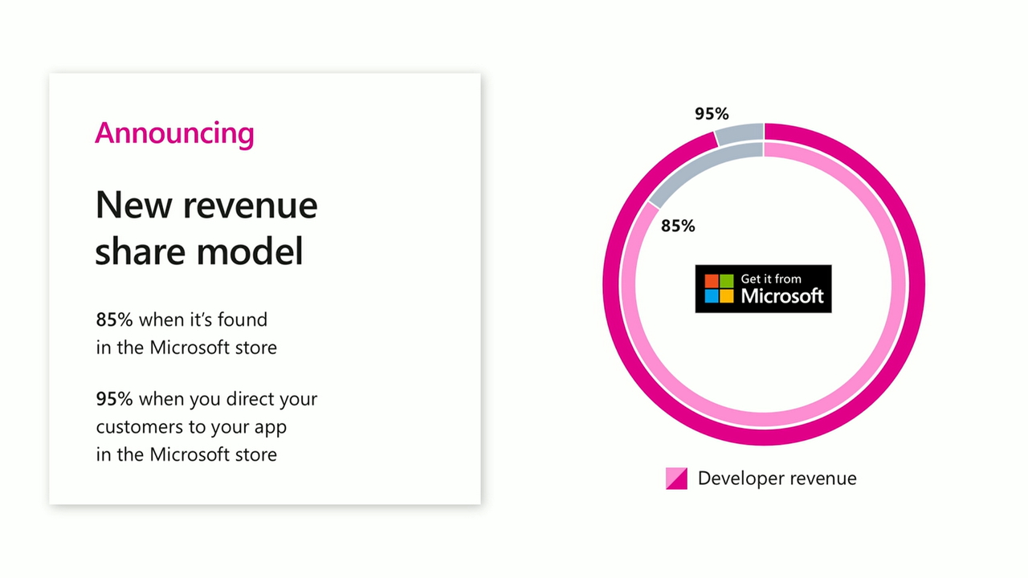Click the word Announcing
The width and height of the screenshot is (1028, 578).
pos(174,132)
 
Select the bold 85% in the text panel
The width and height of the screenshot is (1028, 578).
pos(114,320)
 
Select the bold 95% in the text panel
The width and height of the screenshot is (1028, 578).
pos(114,399)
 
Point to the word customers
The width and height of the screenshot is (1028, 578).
pos(141,427)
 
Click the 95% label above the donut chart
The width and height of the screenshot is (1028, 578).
pos(712,114)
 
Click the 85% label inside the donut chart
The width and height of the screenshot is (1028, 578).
pos(678,226)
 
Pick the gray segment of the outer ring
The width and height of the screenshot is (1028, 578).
pos(740,133)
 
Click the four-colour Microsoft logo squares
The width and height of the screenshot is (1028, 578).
pos(719,288)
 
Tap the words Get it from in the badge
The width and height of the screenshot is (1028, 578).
pos(771,279)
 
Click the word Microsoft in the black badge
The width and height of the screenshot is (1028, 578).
pos(782,295)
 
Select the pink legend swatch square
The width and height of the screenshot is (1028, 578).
pos(676,478)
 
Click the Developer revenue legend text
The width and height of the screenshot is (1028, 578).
pos(777,478)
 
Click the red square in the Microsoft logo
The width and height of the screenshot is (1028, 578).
pos(712,281)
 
